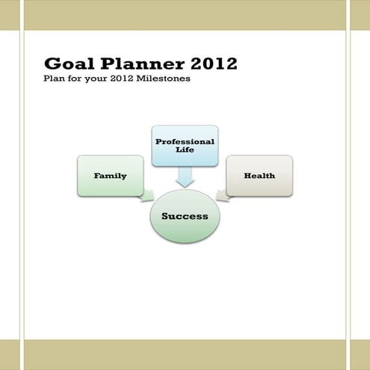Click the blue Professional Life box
[x=185, y=145]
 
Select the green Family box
[x=110, y=176]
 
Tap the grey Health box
[x=259, y=176]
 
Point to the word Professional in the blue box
[x=185, y=141]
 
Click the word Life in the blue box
[x=185, y=150]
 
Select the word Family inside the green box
[x=110, y=176]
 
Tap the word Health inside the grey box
[x=259, y=176]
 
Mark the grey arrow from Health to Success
[x=222, y=196]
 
